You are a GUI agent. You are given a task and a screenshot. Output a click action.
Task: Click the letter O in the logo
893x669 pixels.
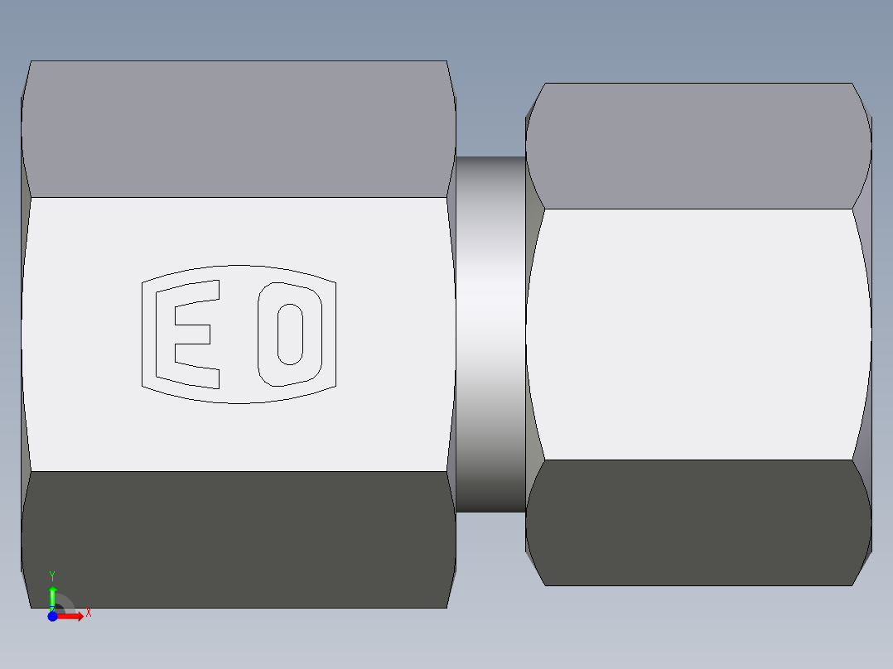click(x=289, y=334)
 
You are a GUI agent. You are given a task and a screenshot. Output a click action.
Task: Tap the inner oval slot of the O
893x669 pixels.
click(x=289, y=334)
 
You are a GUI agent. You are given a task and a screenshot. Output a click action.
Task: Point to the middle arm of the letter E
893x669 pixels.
click(x=192, y=334)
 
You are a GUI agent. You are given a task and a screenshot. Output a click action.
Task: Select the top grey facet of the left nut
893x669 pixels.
click(x=239, y=128)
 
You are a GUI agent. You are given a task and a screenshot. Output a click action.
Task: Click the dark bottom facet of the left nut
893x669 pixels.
click(x=239, y=538)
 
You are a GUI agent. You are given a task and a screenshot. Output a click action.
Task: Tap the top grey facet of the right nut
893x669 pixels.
click(x=698, y=145)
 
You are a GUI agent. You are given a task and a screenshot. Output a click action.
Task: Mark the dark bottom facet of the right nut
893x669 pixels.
click(x=698, y=522)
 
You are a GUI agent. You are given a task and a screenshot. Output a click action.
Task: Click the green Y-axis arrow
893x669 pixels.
click(x=52, y=595)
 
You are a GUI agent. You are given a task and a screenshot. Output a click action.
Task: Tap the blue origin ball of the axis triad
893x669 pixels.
click(x=52, y=616)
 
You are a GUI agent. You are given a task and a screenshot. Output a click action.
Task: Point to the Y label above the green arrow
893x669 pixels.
click(x=52, y=575)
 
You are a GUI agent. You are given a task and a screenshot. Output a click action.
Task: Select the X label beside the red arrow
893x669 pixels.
click(x=89, y=614)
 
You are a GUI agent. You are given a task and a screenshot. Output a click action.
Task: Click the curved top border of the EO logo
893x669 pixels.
click(x=239, y=267)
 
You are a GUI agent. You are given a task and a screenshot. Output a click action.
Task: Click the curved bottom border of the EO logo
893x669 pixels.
click(x=239, y=402)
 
